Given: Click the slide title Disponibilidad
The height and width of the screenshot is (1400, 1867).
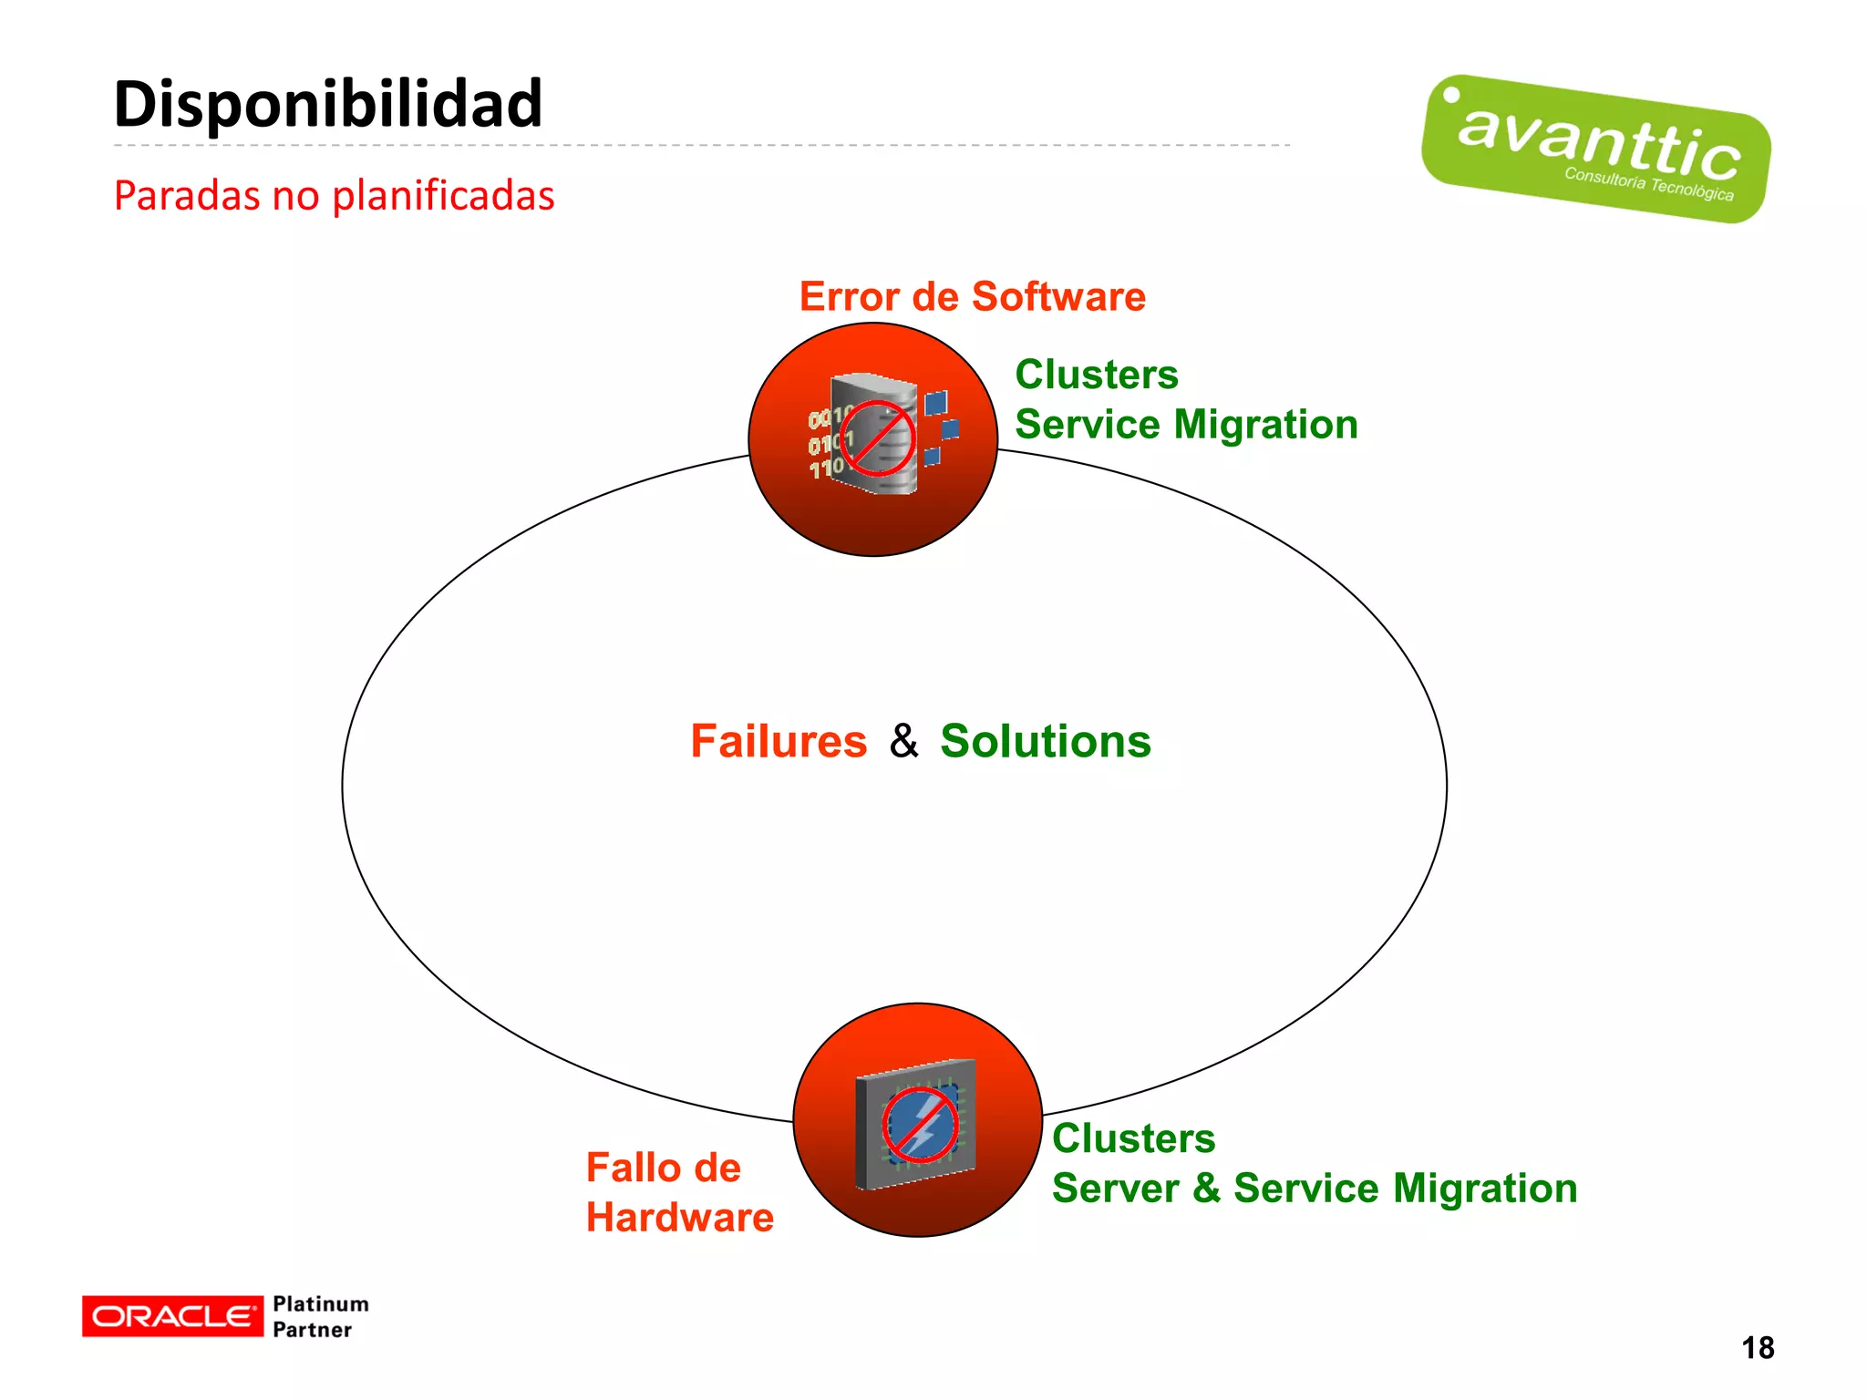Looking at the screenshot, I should [x=328, y=104].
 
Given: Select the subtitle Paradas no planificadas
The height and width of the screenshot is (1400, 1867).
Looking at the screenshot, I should [x=334, y=195].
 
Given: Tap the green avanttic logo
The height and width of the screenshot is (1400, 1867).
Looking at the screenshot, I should [x=1595, y=149].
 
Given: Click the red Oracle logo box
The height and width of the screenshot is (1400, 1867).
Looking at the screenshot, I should [x=172, y=1316].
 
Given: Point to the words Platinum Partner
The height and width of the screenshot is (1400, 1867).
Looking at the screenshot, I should [x=320, y=1316].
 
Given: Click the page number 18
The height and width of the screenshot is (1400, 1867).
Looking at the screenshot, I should [x=1757, y=1347].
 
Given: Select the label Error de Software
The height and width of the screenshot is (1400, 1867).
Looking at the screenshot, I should [x=972, y=296].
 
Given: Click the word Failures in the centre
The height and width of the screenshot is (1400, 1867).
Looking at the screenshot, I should [x=779, y=741].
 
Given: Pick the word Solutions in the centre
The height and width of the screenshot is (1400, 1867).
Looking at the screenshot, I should [x=1046, y=741].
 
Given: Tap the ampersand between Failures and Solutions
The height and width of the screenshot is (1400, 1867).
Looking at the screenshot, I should [x=903, y=741].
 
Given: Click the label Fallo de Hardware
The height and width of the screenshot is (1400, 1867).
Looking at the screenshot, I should [x=679, y=1192].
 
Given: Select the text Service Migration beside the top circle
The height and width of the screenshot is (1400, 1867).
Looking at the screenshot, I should [x=1186, y=425].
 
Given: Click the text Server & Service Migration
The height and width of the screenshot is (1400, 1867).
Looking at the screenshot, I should [x=1314, y=1189].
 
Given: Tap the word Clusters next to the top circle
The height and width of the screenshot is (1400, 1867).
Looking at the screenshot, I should [x=1097, y=375].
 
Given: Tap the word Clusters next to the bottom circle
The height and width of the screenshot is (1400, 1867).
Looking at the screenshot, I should [x=1133, y=1138].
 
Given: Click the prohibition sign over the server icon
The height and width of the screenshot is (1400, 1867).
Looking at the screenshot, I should [x=878, y=438].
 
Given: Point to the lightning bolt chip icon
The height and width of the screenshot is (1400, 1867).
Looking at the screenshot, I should [x=920, y=1125].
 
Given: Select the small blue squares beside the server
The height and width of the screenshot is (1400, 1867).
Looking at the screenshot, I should [x=940, y=427].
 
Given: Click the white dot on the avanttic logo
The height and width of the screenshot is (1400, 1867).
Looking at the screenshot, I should [x=1451, y=96].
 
